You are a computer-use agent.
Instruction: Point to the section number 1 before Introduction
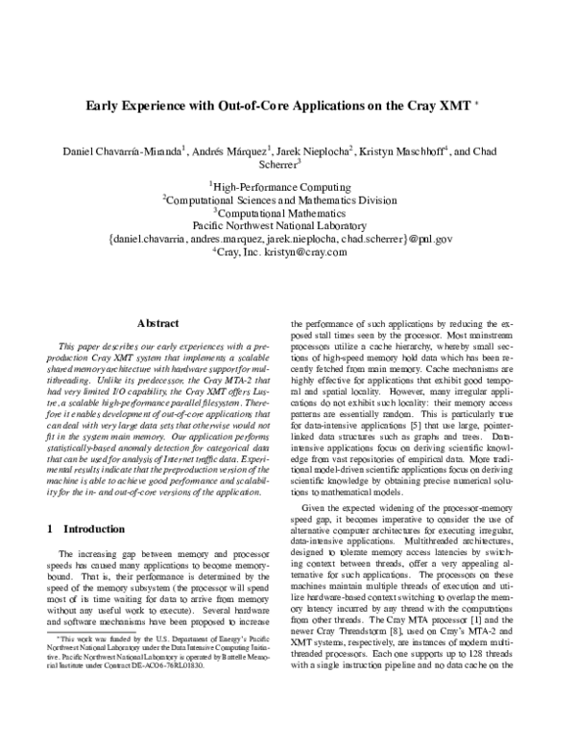pos(49,528)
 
